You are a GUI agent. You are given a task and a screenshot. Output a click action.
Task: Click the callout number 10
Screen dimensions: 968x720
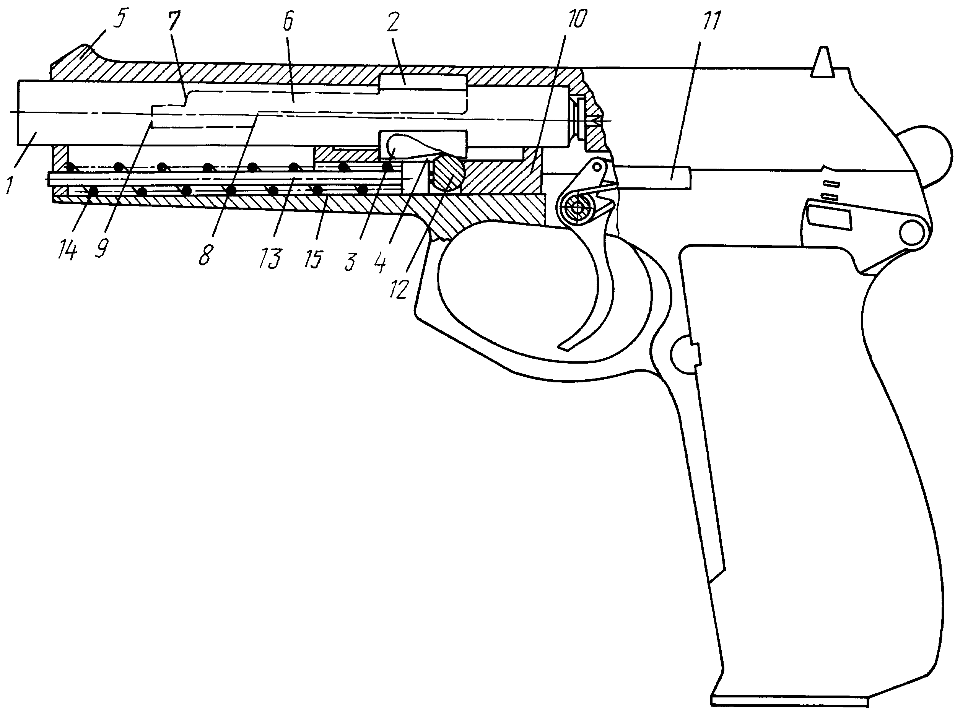[578, 19]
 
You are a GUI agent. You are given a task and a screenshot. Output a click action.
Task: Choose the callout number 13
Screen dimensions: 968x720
[271, 258]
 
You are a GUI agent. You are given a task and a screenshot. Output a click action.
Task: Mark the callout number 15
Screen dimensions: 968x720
[313, 258]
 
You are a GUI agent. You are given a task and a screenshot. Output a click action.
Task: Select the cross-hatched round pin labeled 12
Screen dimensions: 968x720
[447, 172]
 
